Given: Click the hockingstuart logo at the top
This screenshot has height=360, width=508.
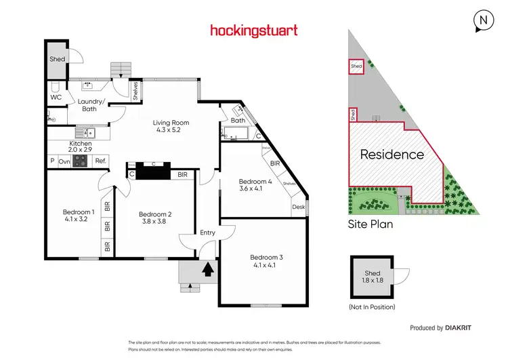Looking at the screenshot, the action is [254, 30].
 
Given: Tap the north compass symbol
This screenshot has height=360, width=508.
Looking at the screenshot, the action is [483, 21].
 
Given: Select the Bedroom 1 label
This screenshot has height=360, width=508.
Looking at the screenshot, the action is [78, 210].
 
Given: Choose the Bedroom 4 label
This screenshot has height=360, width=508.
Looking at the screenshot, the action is [255, 181].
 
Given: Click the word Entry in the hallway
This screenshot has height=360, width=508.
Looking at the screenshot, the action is [207, 233].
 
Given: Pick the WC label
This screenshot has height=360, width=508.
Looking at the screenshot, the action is [56, 98].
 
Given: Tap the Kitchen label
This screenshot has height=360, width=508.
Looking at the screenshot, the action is [80, 144].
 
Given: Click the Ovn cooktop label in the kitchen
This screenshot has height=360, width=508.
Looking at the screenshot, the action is [64, 161].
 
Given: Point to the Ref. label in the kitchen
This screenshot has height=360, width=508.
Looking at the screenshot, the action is [100, 161].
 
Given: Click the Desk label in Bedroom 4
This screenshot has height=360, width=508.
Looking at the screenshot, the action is [298, 207].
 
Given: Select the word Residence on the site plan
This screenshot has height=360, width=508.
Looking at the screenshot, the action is [391, 155].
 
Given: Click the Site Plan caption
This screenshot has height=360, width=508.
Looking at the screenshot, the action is [371, 223].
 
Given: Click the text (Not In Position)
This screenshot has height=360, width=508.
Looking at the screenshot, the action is [372, 307].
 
